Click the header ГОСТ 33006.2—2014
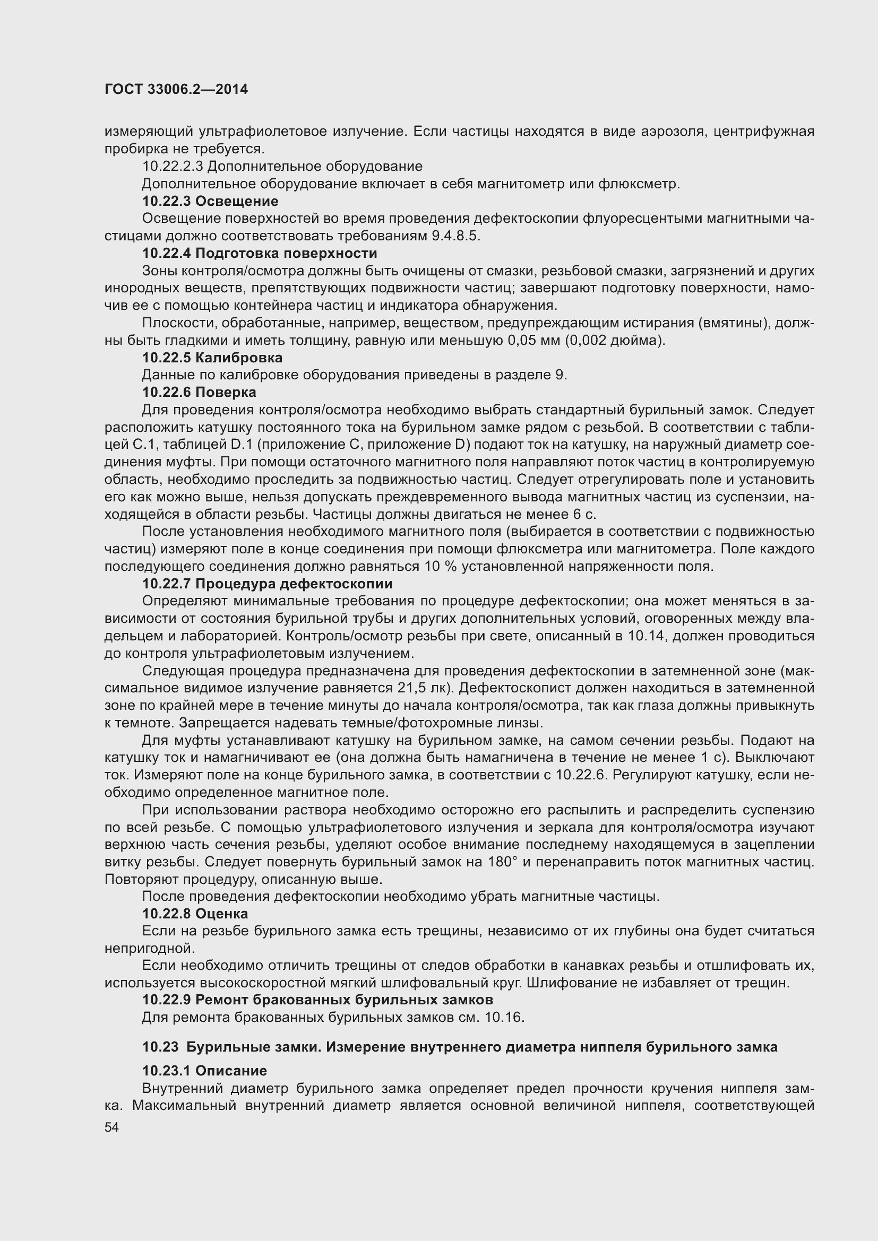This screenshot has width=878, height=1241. point(176,89)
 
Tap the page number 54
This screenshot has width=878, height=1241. point(112,1127)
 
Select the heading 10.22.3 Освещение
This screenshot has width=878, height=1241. point(210,202)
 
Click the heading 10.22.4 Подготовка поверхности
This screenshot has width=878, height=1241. point(260,254)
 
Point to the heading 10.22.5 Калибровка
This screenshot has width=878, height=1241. point(212,358)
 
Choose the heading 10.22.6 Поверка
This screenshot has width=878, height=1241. point(199,393)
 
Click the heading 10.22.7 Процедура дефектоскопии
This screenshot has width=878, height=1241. point(267,584)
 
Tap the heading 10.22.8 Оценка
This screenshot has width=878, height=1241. point(195,914)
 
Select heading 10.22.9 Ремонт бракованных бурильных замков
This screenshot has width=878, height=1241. point(317,1000)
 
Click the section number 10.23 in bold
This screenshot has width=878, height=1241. point(160,1047)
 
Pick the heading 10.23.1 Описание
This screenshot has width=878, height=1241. point(204,1071)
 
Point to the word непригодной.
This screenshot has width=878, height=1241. point(149,948)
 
